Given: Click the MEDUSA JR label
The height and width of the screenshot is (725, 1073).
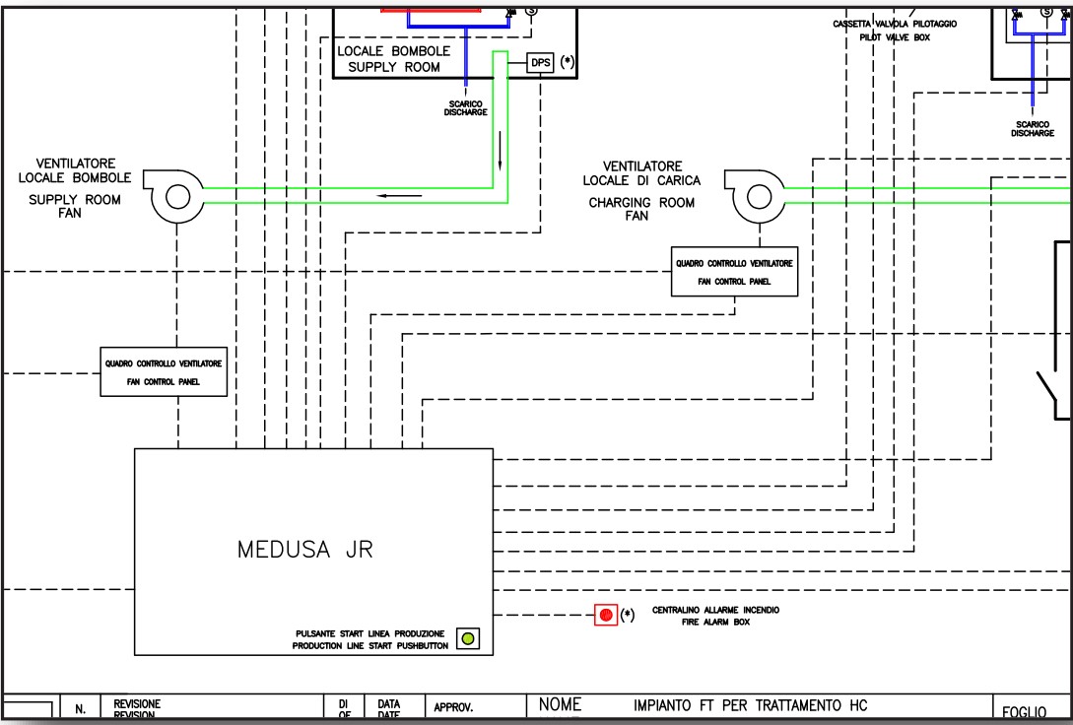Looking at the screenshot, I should point(304,550).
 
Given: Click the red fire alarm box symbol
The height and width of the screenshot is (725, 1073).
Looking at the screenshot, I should point(605,616).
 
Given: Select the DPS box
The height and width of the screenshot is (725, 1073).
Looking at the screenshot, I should point(541,62).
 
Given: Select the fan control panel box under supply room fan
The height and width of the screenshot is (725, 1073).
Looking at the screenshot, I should point(164,371).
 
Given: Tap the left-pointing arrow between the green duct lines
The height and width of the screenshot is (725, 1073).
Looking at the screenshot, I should point(398,195).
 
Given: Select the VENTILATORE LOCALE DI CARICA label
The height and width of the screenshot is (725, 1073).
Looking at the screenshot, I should point(642,173).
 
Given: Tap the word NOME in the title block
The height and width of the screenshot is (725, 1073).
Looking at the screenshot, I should point(559,704).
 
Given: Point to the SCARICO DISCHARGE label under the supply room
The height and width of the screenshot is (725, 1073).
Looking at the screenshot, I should point(465,107).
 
